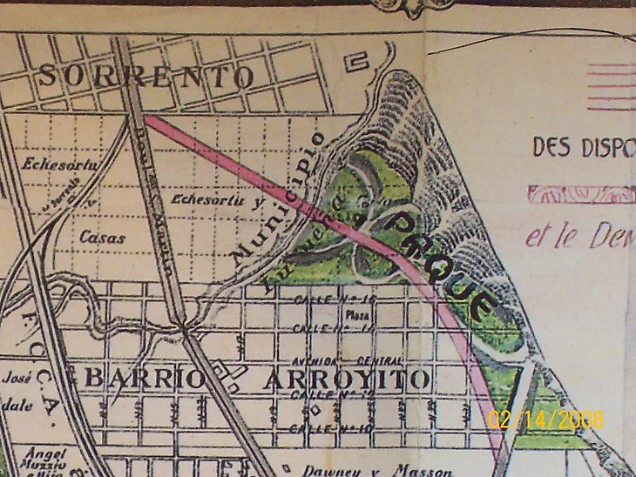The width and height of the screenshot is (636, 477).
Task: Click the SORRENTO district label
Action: point(146,77)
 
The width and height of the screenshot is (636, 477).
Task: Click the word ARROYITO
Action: point(347,380)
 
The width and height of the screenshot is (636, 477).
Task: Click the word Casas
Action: point(102,237)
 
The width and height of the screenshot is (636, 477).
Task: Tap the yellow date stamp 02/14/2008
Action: point(545,419)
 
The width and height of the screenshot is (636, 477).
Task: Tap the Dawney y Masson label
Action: point(377,471)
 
